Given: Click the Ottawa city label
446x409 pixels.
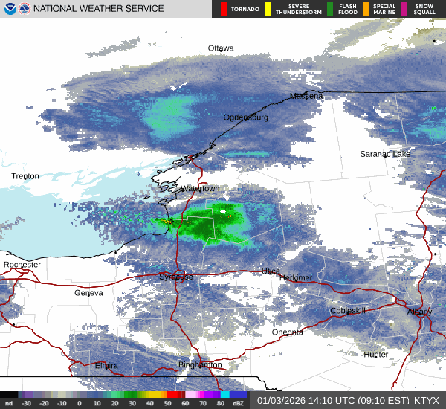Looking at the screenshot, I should [x=221, y=48].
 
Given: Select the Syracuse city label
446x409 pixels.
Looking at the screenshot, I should [x=176, y=277].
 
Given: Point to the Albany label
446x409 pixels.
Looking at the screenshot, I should [x=419, y=312].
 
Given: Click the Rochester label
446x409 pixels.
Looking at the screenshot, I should [x=22, y=265].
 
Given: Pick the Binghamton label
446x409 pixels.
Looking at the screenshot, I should [x=200, y=365].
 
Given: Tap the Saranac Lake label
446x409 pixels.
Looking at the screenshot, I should [x=385, y=154].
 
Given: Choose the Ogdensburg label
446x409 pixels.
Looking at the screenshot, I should [x=246, y=117].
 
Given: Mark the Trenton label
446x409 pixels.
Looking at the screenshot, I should [x=25, y=176].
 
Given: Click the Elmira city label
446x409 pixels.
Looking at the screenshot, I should [x=106, y=366].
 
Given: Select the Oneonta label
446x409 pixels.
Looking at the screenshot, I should [x=287, y=332].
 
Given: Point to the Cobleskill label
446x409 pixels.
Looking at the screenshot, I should [x=349, y=311].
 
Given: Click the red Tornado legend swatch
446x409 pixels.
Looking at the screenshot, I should [x=224, y=9].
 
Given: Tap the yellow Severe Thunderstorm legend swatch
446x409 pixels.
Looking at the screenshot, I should [x=268, y=9].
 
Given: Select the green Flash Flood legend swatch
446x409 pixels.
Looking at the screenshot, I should [x=330, y=9].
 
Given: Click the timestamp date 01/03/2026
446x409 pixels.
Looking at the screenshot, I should [x=281, y=399].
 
